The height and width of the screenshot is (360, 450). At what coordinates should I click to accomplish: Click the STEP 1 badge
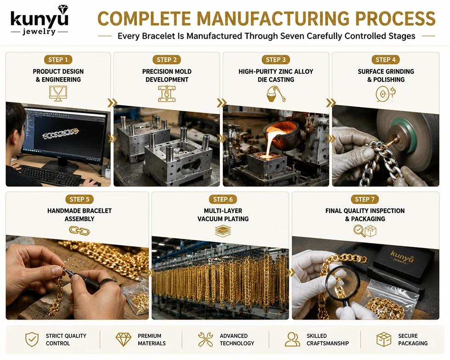click(x=58, y=60)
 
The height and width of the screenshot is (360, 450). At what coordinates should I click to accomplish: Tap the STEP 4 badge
click(x=385, y=60)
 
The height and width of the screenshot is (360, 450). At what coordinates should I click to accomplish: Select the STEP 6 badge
click(x=223, y=199)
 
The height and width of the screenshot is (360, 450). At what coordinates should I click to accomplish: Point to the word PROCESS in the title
click(x=395, y=19)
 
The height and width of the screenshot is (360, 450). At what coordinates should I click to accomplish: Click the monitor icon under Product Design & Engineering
click(x=58, y=94)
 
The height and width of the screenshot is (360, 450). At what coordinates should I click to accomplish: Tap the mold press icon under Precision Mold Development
click(x=167, y=94)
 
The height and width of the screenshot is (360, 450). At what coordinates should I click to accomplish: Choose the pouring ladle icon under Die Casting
click(x=276, y=94)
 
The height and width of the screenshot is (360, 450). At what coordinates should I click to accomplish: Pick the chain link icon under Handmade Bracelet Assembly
click(x=79, y=231)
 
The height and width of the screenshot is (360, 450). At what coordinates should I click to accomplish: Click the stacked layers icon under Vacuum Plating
click(x=223, y=231)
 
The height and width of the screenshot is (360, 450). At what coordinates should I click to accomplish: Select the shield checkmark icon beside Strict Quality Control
click(x=32, y=339)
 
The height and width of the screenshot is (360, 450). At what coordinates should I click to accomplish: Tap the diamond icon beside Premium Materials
click(x=124, y=339)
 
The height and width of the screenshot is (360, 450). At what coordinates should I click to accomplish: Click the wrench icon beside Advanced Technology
click(x=206, y=339)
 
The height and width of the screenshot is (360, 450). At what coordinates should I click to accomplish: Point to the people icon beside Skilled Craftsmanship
click(x=292, y=339)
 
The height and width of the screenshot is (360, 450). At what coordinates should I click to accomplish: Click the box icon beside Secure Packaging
click(x=384, y=339)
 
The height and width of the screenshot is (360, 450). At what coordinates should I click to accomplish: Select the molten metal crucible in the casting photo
click(x=281, y=133)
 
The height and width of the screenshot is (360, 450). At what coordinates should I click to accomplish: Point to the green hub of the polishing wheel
click(x=404, y=135)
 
